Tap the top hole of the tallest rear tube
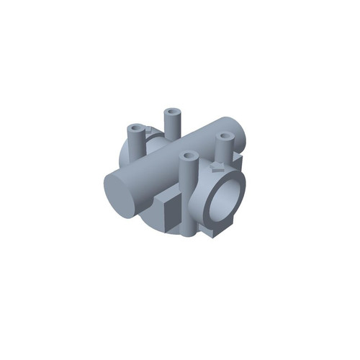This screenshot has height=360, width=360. [173, 112]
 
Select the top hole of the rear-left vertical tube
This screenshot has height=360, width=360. [135, 128]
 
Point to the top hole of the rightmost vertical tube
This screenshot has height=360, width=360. [225, 136]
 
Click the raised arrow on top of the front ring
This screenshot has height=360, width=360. [216, 167]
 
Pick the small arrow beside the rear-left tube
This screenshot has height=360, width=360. [149, 130]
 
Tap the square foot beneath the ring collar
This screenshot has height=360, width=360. [216, 231]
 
